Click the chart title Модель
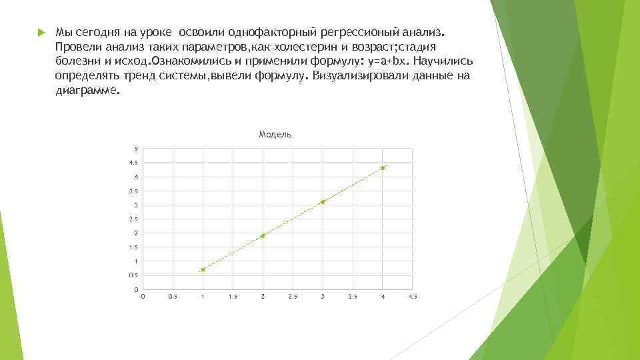point(275,135)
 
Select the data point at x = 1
point(203,269)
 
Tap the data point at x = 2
point(263,235)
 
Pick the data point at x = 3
point(323,202)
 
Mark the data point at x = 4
point(383,168)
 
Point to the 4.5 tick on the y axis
point(134,163)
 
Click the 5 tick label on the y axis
point(136,149)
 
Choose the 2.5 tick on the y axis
point(134,219)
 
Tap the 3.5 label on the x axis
point(353,296)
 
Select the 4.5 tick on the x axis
point(412,296)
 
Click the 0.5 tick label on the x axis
point(173,296)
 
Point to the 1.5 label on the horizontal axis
point(233,296)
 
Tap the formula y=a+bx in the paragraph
point(383,61)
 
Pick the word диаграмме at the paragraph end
point(87,91)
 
